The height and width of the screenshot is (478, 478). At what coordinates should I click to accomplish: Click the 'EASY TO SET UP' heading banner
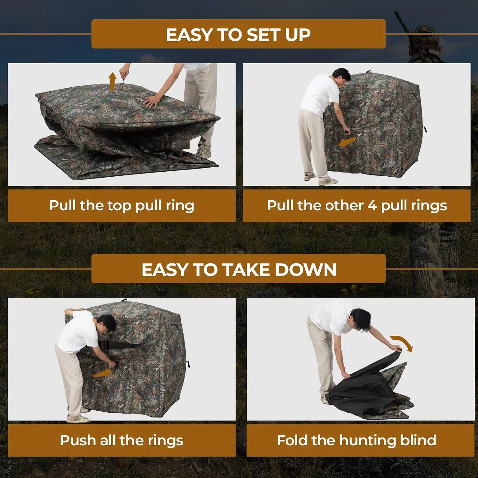click(x=238, y=34)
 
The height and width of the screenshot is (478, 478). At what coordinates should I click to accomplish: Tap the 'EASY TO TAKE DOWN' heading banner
click(x=238, y=269)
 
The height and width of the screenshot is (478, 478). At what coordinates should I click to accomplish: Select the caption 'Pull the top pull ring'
click(x=121, y=205)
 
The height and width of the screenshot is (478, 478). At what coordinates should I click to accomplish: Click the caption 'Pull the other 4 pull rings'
click(x=357, y=205)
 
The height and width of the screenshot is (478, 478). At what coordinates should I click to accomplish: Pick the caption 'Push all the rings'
click(x=121, y=440)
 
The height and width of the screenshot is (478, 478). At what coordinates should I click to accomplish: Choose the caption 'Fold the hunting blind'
click(x=357, y=440)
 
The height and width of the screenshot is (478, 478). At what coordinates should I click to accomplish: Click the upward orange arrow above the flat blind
click(x=112, y=81)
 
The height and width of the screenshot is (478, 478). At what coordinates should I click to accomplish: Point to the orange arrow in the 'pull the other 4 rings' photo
click(x=347, y=142)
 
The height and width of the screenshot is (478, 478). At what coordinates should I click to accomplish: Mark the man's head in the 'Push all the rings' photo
click(x=107, y=323)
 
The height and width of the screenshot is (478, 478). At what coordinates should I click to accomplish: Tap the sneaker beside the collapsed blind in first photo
click(x=203, y=152)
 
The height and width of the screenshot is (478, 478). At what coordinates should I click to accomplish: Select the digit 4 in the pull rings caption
click(x=372, y=205)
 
